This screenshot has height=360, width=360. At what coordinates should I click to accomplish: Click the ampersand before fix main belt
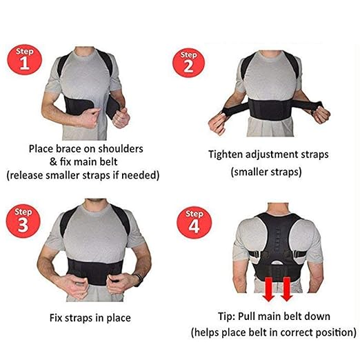(54, 161)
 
